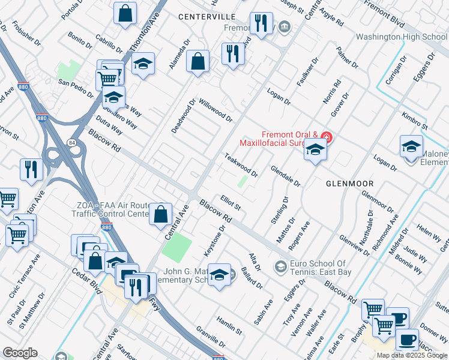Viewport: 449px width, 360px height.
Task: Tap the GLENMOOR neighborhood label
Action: (349, 183)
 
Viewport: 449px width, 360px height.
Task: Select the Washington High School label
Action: (402, 37)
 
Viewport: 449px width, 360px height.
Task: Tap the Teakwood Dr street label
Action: (241, 165)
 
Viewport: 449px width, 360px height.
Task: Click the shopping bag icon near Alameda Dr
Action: (197, 62)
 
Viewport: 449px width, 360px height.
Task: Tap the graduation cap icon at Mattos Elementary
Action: (220, 275)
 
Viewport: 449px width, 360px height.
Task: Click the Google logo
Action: (20, 353)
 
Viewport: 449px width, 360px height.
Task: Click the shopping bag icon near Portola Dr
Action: (125, 14)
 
